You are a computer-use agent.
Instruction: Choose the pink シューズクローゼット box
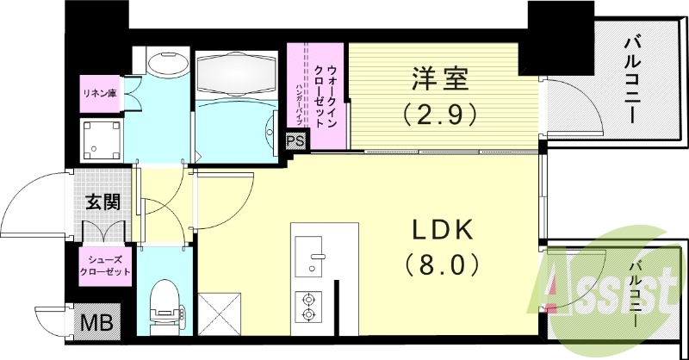tap(105, 264)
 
